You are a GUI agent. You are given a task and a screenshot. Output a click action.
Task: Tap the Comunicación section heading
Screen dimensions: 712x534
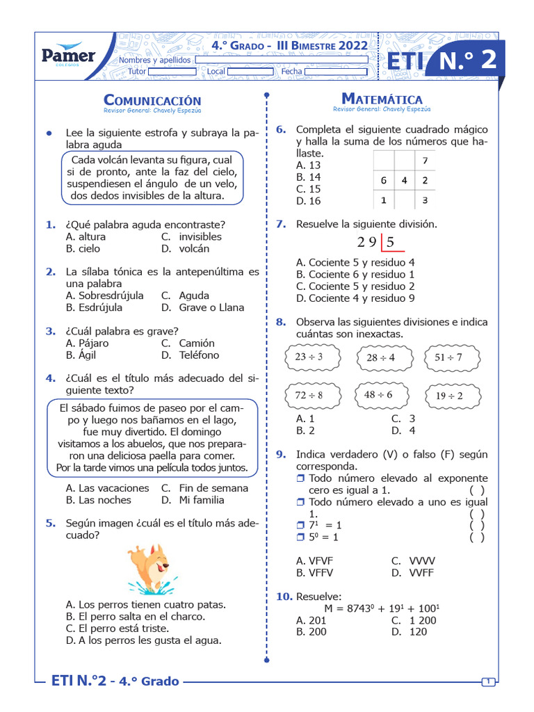[x=152, y=101]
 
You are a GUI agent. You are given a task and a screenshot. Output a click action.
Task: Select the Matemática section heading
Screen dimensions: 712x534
[x=382, y=99]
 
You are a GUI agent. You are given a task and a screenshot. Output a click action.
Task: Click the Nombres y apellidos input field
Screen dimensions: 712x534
[x=282, y=60]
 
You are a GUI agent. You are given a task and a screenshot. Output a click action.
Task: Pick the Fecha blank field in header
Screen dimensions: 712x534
[x=336, y=72]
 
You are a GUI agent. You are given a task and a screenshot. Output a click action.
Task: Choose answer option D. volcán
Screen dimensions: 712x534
[x=185, y=248]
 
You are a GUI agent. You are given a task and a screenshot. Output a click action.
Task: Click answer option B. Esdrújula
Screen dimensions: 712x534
[x=94, y=307]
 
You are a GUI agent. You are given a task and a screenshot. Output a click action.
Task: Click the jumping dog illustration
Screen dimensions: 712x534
[x=152, y=569]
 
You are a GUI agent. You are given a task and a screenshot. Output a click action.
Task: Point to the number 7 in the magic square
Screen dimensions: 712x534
[x=425, y=161]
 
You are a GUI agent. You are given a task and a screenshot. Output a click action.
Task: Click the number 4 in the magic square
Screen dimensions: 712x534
[x=404, y=181]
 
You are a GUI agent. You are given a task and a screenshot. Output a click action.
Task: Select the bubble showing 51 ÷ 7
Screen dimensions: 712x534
[x=448, y=357]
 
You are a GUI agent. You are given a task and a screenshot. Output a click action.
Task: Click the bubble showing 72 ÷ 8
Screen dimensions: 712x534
[x=309, y=395]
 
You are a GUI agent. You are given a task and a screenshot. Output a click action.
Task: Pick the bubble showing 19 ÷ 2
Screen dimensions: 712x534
[x=449, y=396]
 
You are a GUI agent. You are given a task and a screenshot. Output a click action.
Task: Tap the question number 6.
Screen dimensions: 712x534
[x=281, y=129]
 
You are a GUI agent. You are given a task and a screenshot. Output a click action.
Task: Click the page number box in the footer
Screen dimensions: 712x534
[x=488, y=681]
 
